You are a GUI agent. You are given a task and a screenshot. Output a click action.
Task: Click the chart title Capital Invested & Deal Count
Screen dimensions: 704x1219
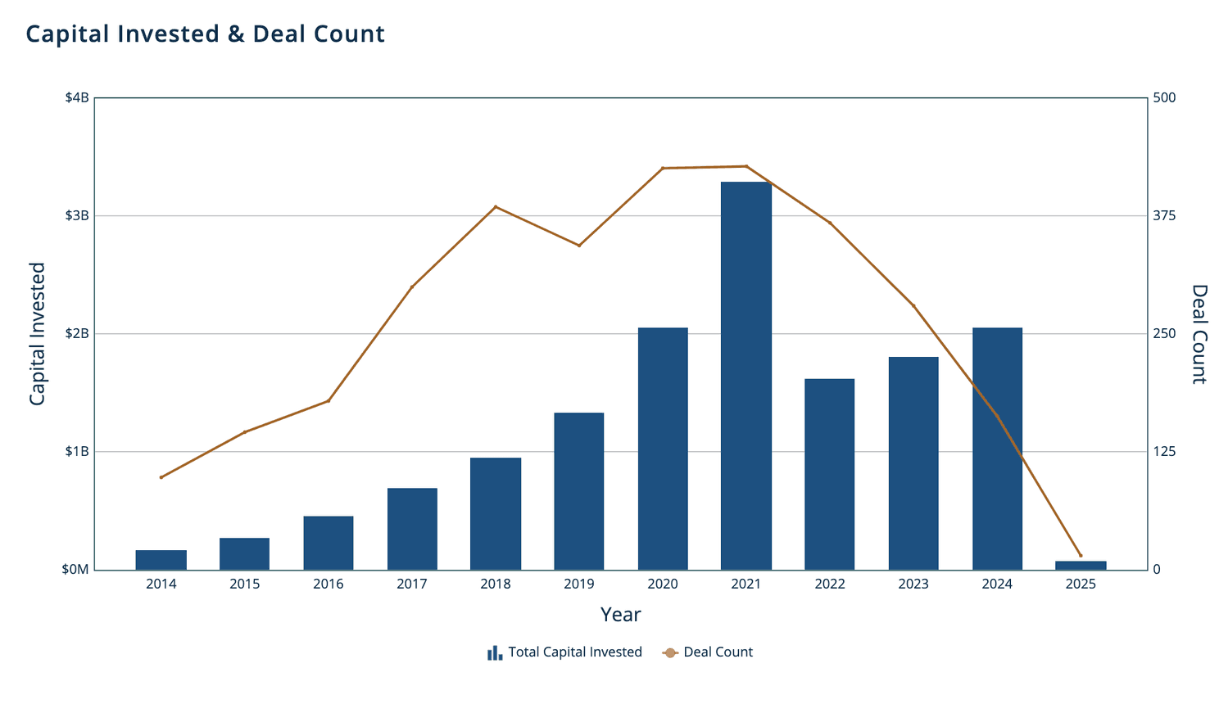point(205,34)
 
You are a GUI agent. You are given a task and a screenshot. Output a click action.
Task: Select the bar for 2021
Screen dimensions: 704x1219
point(745,376)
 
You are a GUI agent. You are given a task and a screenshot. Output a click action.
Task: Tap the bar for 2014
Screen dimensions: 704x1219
point(161,560)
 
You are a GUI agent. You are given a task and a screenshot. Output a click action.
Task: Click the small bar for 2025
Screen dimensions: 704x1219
point(1080,566)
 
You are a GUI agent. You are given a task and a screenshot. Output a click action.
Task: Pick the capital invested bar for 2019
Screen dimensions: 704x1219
point(578,491)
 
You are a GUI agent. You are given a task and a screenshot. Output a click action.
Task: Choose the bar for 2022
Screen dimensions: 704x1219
point(829,474)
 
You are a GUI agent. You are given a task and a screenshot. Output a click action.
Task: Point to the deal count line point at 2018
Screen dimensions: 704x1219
point(495,207)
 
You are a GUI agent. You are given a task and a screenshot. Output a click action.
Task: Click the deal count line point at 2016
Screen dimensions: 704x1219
point(328,401)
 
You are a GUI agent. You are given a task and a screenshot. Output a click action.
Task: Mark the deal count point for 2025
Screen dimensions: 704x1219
point(1080,556)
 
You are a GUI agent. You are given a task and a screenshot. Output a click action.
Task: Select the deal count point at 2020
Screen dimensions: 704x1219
point(662,168)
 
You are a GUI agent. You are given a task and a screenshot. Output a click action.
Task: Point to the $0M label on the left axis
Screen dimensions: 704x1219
point(75,570)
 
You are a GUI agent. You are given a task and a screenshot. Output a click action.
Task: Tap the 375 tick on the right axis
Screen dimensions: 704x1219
point(1164,216)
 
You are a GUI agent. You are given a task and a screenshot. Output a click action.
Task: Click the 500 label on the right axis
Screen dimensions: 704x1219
point(1164,98)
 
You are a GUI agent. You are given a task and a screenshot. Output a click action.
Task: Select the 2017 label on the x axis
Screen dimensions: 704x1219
point(411,584)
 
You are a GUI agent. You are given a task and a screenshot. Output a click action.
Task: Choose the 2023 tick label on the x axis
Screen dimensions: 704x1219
point(913,584)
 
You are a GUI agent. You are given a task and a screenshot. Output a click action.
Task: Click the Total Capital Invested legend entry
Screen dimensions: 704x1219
point(564,652)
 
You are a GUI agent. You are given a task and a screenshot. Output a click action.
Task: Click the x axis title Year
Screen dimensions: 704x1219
point(620,615)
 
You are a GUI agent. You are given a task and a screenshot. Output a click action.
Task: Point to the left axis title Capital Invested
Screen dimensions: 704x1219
point(37,334)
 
